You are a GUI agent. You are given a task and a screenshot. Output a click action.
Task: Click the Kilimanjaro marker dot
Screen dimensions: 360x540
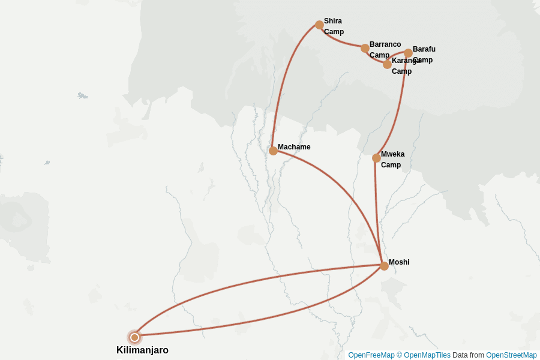[135, 337]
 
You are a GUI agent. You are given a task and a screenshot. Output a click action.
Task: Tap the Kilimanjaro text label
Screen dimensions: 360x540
[142, 350]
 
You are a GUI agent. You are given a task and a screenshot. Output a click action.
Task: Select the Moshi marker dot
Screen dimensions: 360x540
[384, 266]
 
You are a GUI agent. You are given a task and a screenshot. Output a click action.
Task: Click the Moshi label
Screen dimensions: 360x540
[399, 262]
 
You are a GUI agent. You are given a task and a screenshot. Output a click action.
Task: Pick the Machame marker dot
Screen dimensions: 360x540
[273, 151]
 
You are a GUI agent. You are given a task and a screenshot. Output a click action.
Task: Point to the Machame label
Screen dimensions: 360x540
[294, 147]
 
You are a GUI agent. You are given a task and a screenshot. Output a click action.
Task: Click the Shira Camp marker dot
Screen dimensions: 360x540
[319, 25]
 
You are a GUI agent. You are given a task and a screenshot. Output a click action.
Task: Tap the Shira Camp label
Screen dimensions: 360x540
[334, 26]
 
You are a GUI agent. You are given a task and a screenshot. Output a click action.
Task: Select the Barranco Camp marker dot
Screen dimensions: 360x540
[365, 48]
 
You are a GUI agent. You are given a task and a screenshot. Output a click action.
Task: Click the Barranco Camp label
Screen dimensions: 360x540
[385, 50]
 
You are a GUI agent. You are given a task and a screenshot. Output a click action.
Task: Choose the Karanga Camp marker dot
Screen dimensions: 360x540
[387, 64]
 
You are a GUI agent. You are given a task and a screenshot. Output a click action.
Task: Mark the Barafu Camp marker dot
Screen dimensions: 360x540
[408, 53]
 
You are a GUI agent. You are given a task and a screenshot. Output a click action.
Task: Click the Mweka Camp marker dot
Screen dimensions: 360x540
[376, 158]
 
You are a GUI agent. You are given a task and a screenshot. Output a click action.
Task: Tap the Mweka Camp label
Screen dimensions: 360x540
[392, 160]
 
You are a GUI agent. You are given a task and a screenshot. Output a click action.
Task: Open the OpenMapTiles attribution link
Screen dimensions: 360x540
[427, 355]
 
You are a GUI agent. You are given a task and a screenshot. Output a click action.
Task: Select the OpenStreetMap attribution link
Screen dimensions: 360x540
[511, 355]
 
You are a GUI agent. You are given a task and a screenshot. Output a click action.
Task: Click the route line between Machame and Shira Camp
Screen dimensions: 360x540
[284, 78]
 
